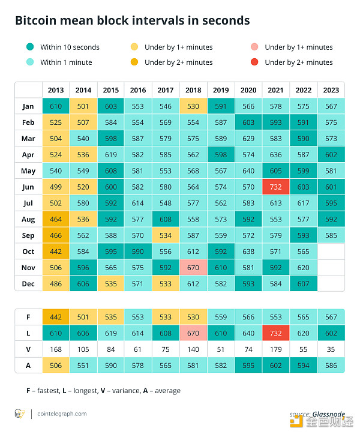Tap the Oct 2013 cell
(56, 251)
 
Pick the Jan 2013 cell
(56, 106)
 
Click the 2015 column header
(110, 90)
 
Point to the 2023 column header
(331, 90)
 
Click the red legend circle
(254, 62)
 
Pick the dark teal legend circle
(29, 47)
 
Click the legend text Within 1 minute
(66, 62)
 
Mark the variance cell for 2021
(276, 349)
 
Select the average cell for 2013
(56, 364)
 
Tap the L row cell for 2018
(193, 333)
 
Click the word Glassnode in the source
(329, 414)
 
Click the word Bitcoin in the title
(35, 20)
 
